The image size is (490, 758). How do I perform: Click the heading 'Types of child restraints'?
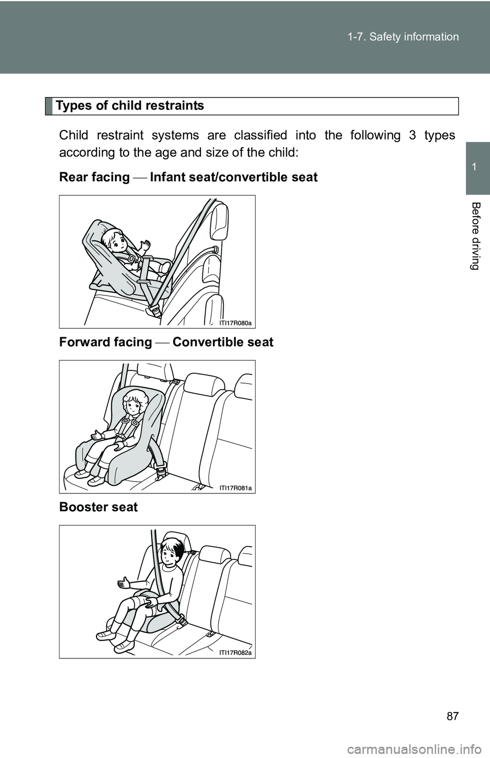coord(130,106)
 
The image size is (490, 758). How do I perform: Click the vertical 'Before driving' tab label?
coord(477,235)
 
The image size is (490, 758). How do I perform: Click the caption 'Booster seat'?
coord(99,507)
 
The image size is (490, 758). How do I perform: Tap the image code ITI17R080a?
coord(236,323)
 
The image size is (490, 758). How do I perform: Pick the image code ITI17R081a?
coord(236,488)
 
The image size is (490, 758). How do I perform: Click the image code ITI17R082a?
coord(236,653)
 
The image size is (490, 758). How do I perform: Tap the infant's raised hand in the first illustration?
coord(146,246)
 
